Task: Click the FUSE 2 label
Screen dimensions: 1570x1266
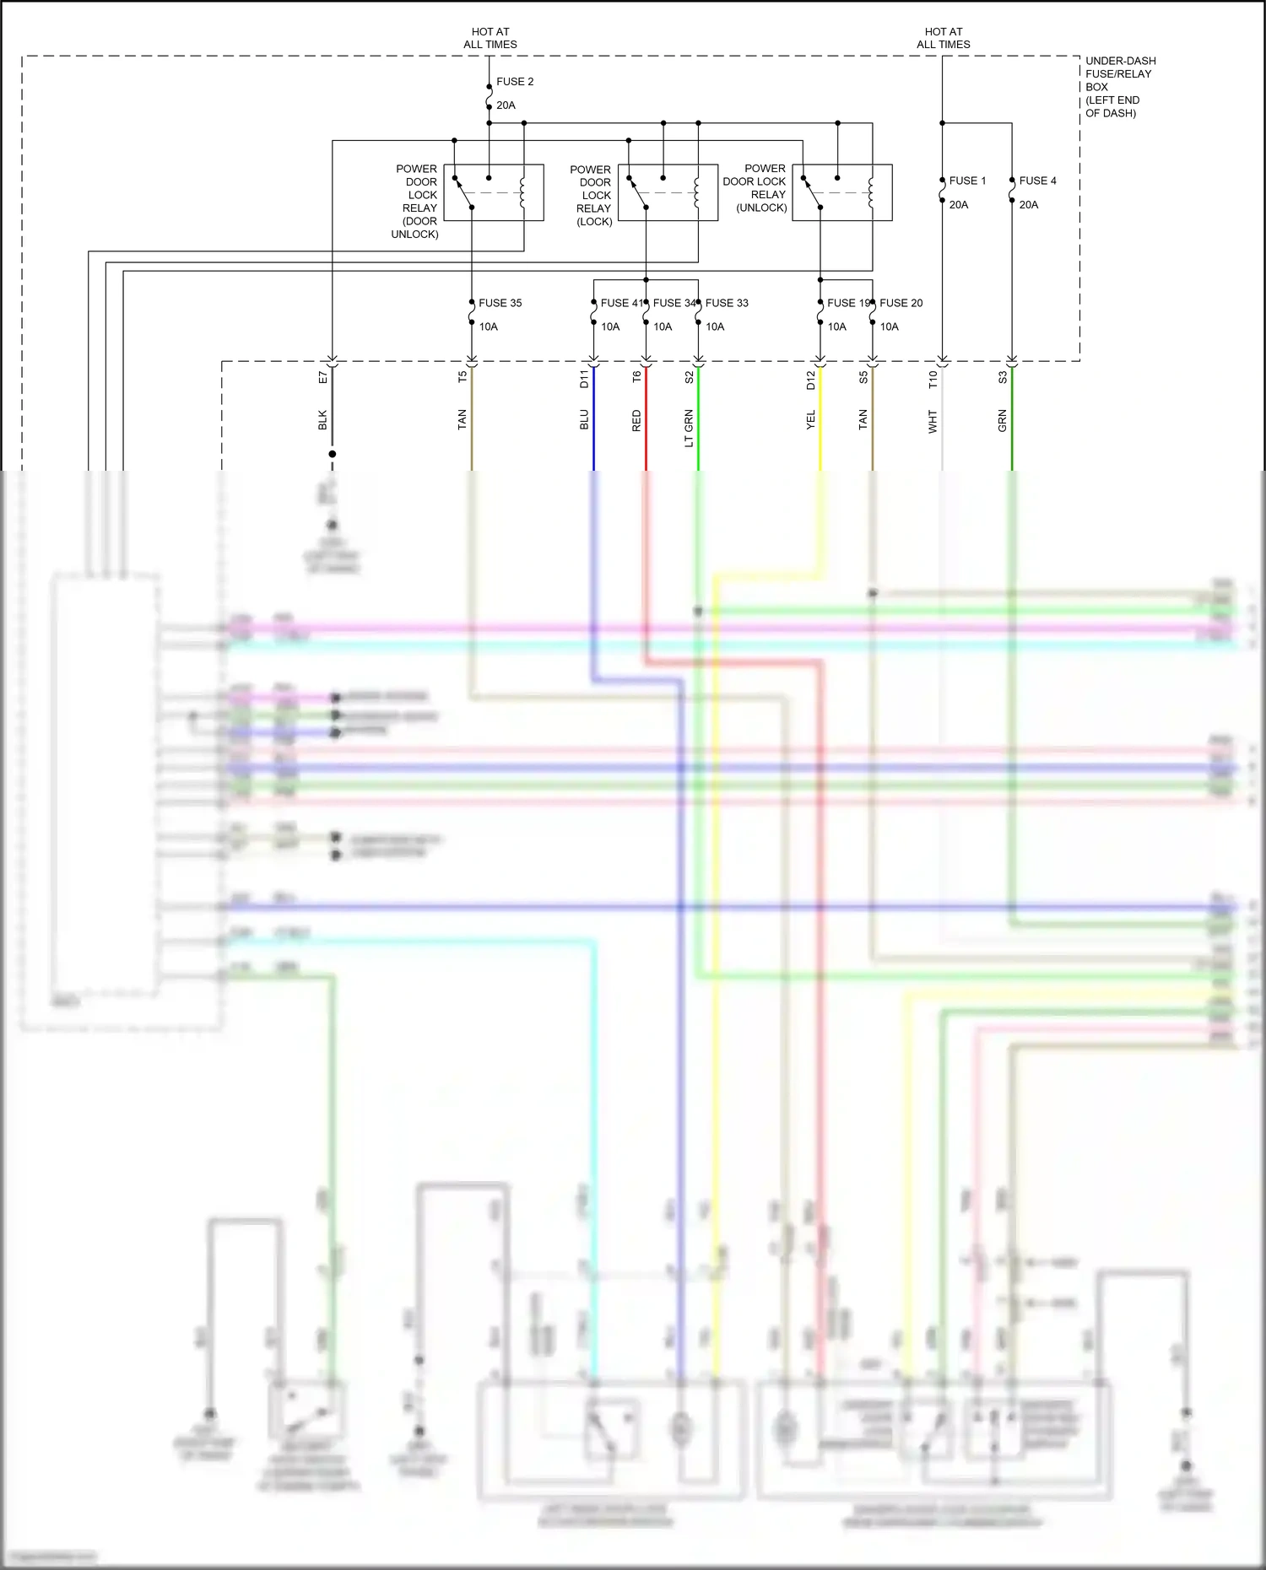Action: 514,82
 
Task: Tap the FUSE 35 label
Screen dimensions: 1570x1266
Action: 500,303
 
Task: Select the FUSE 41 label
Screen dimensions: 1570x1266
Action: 620,303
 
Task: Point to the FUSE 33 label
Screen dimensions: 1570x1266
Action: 727,303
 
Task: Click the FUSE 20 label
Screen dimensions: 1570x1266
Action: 901,303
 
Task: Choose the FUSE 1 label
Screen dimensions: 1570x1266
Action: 966,181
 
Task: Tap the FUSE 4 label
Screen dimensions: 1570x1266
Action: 1037,181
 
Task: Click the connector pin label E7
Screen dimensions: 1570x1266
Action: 322,377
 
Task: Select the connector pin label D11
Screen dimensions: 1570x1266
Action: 584,379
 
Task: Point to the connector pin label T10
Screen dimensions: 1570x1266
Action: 933,379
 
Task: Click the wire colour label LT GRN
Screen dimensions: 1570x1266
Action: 689,428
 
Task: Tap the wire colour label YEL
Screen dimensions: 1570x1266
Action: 811,420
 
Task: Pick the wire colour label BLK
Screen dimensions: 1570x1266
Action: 322,420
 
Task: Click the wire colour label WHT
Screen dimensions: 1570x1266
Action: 933,421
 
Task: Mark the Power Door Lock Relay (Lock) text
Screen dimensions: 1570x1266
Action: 592,195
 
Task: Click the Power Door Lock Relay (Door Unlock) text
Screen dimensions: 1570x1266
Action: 416,201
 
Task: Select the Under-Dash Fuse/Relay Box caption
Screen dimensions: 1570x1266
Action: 1119,87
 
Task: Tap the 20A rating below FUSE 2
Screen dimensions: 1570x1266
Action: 506,105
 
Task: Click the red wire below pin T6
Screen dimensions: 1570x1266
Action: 647,430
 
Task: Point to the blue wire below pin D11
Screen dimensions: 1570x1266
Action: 594,430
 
